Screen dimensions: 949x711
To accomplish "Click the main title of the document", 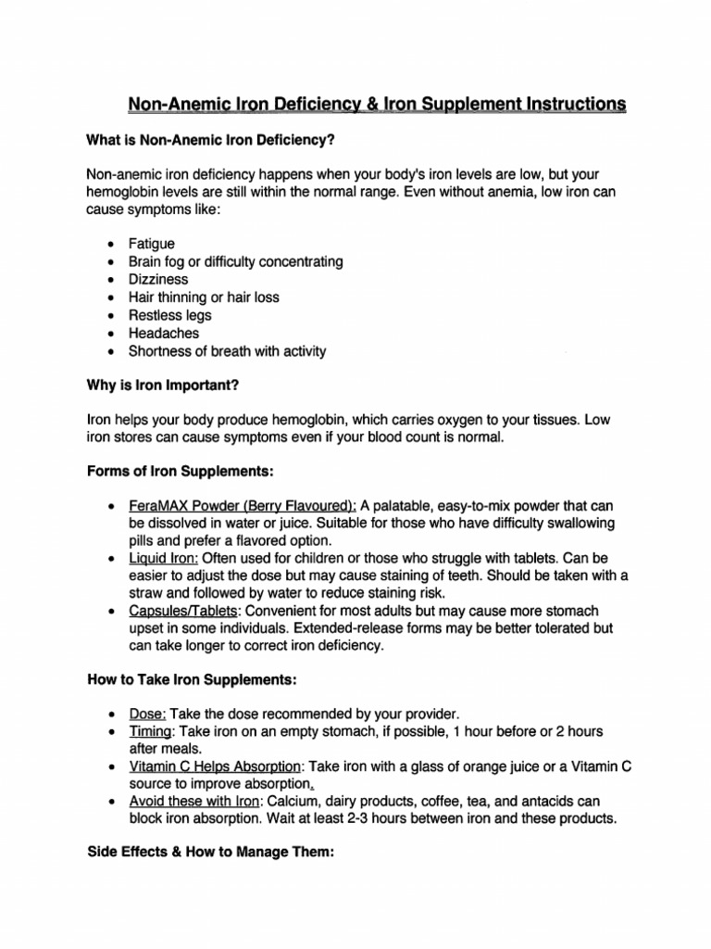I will (x=376, y=104).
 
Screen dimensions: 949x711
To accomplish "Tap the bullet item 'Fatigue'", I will (x=151, y=244).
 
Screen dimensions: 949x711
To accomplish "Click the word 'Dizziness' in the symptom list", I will (x=157, y=279).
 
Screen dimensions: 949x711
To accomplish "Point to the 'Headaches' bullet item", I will (x=163, y=333).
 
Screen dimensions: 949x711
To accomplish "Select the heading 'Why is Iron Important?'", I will (x=168, y=385).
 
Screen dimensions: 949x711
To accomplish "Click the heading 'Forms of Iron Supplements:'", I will (x=180, y=472).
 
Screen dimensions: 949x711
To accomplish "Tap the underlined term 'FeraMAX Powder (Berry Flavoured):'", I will (x=243, y=506).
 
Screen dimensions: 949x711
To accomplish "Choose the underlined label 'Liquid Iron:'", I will (x=163, y=559).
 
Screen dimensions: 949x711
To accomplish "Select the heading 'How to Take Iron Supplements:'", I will (x=192, y=679).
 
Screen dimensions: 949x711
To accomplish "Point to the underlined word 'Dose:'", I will (x=147, y=714).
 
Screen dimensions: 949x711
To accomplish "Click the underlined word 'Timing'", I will (x=151, y=731).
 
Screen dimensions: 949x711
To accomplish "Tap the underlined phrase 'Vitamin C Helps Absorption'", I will (x=215, y=766).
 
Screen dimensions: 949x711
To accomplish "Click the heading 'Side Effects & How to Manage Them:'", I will (x=209, y=853).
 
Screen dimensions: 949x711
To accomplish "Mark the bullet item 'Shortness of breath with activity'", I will (x=227, y=351).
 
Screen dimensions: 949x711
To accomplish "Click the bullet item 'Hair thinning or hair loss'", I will (x=204, y=297).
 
